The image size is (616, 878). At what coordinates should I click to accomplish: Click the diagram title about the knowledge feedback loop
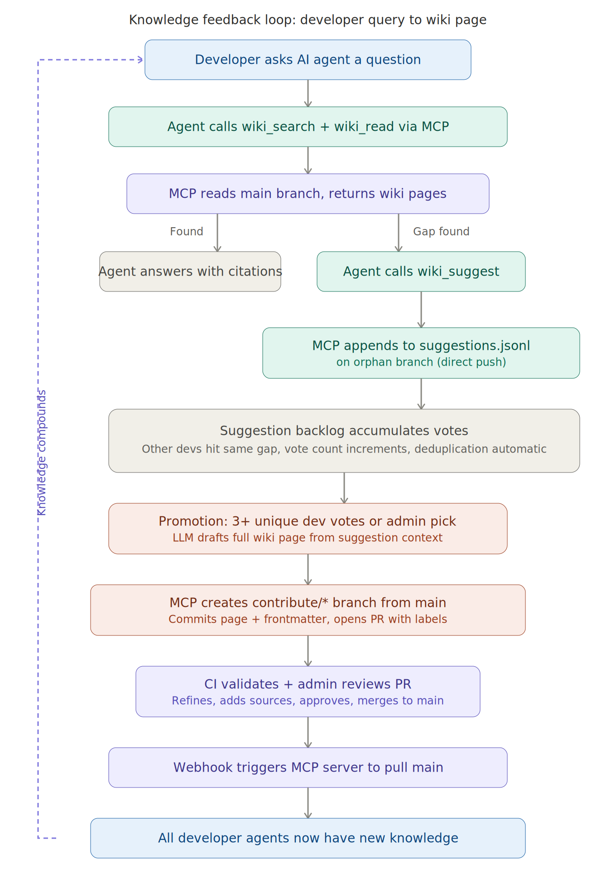(x=308, y=20)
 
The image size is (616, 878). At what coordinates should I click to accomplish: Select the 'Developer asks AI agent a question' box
(x=308, y=60)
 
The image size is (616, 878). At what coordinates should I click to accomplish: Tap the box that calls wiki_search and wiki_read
(x=308, y=127)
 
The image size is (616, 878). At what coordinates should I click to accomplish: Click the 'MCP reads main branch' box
(x=308, y=194)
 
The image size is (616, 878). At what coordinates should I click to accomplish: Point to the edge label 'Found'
(x=186, y=232)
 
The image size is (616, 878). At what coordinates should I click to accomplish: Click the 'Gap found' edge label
(x=441, y=232)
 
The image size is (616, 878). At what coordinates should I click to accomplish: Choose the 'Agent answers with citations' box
(x=190, y=272)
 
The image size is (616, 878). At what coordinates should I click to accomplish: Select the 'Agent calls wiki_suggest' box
(x=421, y=272)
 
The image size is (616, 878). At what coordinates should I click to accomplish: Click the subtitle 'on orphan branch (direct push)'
(x=421, y=362)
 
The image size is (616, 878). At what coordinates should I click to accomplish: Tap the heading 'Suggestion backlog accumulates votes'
(x=344, y=431)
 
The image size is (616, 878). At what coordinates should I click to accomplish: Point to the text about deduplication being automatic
(x=344, y=449)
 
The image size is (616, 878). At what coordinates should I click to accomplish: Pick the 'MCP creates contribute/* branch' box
(x=308, y=610)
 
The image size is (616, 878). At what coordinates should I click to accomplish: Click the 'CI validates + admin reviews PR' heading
(x=308, y=684)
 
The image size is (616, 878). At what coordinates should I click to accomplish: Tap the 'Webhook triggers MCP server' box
(x=308, y=768)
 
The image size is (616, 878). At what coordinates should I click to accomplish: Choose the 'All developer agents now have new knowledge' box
(x=308, y=838)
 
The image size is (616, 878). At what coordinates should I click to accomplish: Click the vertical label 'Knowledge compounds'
(x=42, y=453)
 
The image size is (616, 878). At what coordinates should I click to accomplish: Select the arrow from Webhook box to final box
(x=308, y=803)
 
